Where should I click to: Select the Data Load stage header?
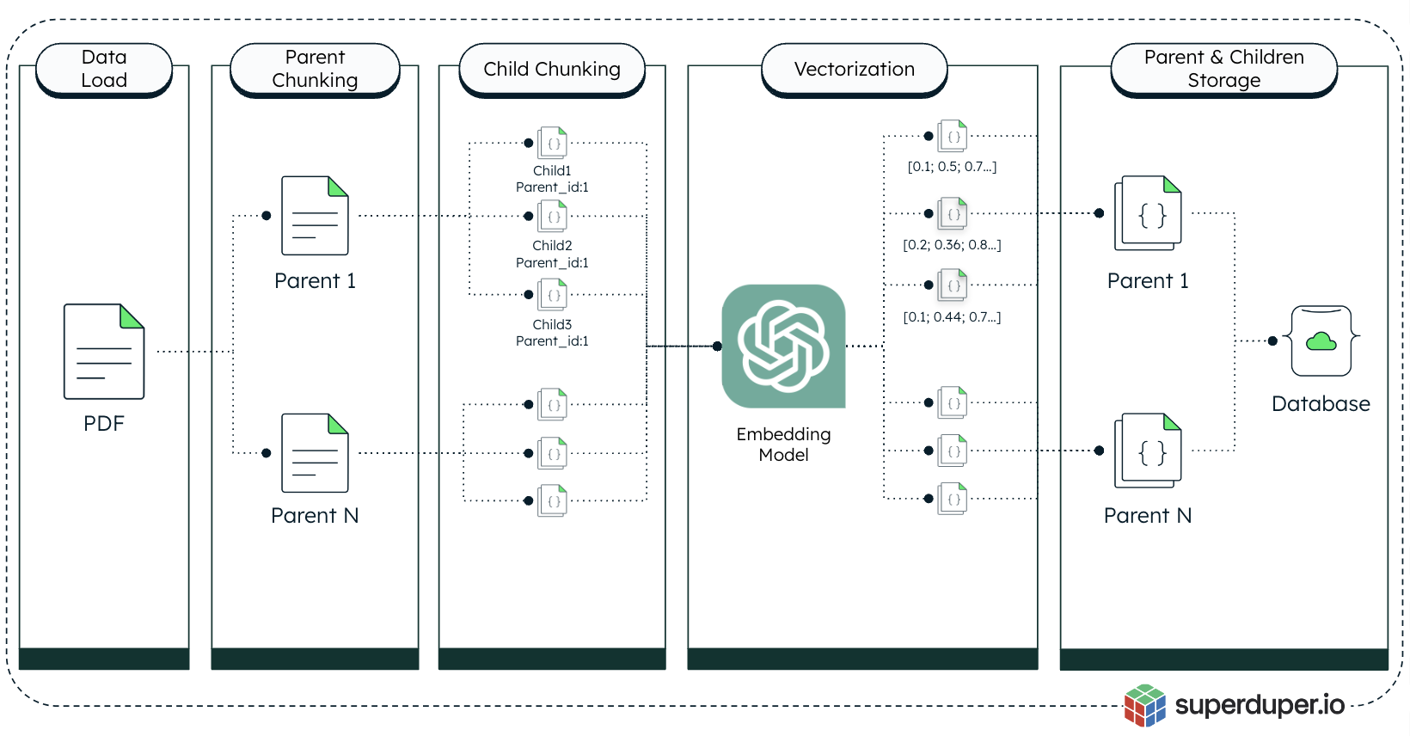point(104,69)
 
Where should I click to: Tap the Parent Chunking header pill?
point(315,69)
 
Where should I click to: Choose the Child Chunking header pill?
point(552,69)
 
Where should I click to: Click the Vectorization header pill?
point(854,69)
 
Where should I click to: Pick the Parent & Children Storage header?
point(1223,69)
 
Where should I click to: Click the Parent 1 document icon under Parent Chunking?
point(315,216)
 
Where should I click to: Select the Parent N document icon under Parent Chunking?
point(315,453)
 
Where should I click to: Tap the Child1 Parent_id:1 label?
point(552,179)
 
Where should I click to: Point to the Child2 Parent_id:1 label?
point(552,254)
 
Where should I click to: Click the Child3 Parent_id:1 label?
point(552,333)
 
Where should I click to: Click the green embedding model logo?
point(784,346)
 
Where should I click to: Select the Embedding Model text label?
point(783,445)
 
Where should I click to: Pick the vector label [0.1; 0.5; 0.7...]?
point(952,167)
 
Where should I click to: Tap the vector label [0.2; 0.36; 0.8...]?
point(952,245)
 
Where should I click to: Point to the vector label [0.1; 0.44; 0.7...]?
point(952,317)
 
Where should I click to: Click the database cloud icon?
point(1321,341)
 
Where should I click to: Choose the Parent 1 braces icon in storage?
point(1149,214)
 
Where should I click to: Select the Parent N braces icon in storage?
point(1149,451)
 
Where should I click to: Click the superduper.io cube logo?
point(1144,705)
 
